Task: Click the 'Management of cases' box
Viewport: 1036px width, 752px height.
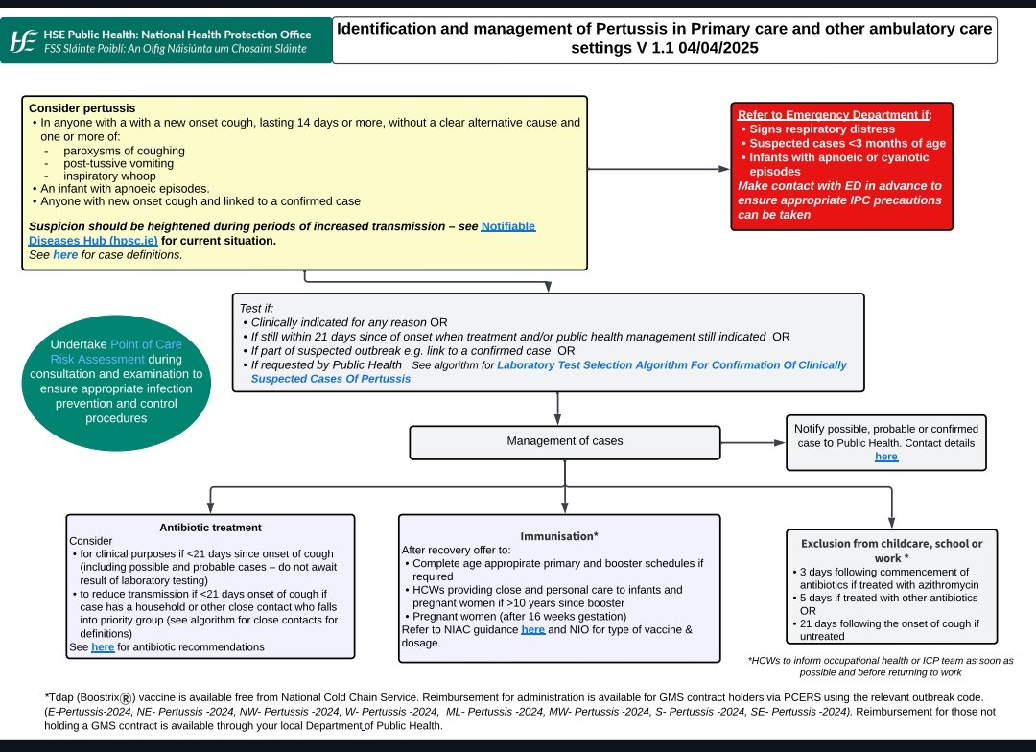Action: click(x=564, y=441)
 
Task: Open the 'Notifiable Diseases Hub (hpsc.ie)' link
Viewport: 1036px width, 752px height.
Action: click(x=507, y=226)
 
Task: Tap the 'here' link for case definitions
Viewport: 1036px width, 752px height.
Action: click(x=65, y=255)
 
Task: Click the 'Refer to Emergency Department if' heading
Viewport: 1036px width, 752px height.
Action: click(x=834, y=114)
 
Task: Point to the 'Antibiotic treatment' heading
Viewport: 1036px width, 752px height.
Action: click(x=210, y=528)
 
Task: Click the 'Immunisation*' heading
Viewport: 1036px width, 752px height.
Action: click(x=559, y=536)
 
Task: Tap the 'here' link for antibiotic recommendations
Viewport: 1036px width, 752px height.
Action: click(x=103, y=647)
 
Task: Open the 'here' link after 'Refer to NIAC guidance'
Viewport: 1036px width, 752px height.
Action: click(x=532, y=629)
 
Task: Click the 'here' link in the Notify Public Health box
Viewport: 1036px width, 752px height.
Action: click(x=886, y=457)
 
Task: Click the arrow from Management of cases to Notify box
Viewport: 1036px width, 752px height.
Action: click(x=753, y=442)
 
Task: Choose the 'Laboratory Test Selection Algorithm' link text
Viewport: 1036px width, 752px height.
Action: click(x=671, y=365)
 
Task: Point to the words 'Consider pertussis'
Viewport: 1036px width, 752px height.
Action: click(x=82, y=108)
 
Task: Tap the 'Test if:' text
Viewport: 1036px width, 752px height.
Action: click(x=256, y=309)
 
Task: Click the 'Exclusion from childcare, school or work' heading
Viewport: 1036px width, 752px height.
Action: click(x=891, y=551)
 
